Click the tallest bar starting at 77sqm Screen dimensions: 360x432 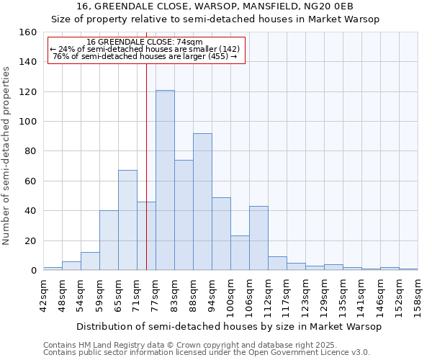[x=165, y=180]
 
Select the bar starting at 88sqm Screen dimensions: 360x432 [x=202, y=202]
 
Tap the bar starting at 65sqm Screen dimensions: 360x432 [x=127, y=220]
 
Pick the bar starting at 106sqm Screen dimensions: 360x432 [x=258, y=238]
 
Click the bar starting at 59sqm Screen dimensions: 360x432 [x=109, y=240]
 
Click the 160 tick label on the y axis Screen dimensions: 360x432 [x=27, y=32]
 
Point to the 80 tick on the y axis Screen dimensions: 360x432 [x=30, y=151]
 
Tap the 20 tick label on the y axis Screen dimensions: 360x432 [x=30, y=240]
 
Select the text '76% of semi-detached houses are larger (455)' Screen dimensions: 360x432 [x=145, y=56]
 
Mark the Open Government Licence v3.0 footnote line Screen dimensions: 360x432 [x=207, y=352]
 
